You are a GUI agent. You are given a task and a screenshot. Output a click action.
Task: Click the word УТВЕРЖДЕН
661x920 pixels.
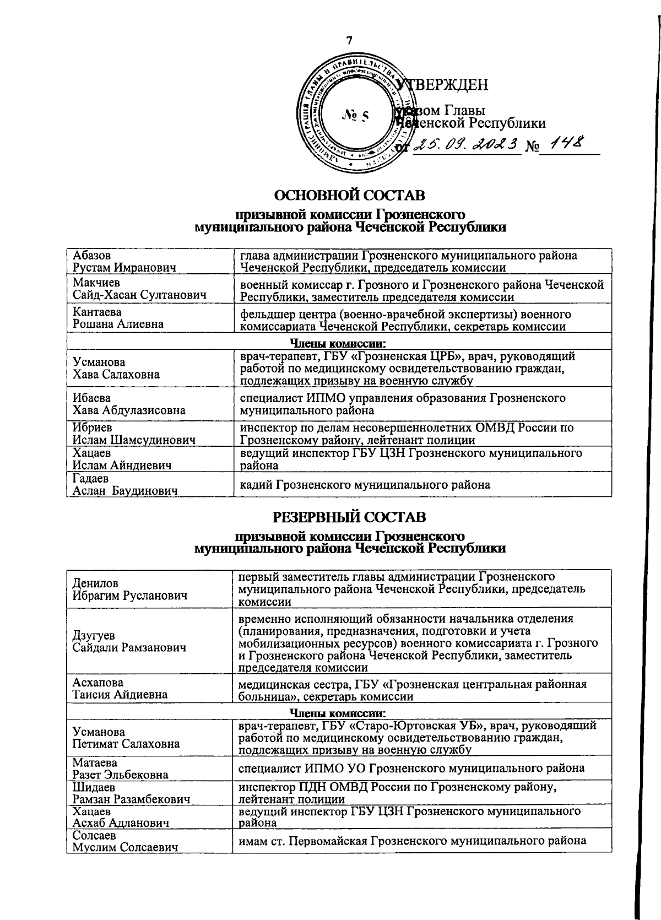click(x=443, y=84)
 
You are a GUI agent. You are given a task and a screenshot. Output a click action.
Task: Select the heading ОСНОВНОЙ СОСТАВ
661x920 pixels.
click(x=350, y=195)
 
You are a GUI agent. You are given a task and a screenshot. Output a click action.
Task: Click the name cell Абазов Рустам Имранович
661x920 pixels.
click(x=124, y=262)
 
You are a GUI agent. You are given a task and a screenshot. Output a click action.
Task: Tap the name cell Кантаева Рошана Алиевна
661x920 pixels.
click(x=118, y=318)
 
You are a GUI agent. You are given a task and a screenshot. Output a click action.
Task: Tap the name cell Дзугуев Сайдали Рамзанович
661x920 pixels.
click(x=129, y=641)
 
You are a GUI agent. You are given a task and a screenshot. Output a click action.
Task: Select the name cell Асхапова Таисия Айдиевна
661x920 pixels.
click(x=121, y=689)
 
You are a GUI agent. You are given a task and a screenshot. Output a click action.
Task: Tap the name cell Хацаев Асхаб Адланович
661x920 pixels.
click(x=121, y=817)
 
